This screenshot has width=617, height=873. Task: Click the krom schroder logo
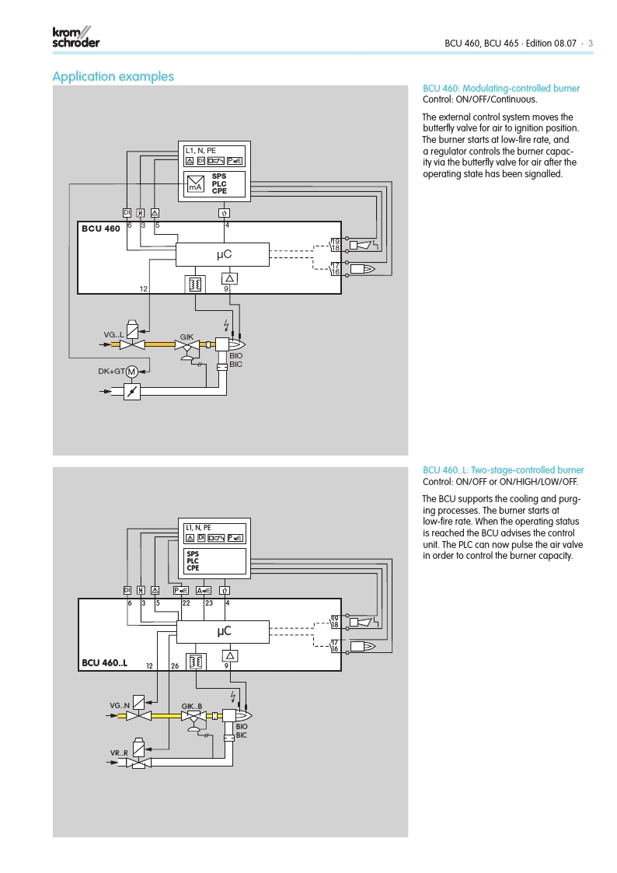75,37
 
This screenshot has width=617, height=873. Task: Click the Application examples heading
113,76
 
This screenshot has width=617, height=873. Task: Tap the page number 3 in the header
591,44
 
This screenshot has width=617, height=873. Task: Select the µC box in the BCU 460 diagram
222,254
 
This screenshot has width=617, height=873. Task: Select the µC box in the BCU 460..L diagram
222,631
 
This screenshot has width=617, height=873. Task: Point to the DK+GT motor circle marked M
132,372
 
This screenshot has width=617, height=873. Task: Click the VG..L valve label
114,335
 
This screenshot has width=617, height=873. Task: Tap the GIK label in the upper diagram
186,336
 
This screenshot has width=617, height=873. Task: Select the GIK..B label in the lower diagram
192,706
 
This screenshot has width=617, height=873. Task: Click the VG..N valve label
120,705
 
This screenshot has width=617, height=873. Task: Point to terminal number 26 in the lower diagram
174,666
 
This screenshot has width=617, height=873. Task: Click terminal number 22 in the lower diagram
186,602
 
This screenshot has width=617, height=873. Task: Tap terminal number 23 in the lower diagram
208,602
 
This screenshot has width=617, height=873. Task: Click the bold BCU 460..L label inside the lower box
105,663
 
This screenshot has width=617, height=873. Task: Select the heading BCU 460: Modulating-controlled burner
500,89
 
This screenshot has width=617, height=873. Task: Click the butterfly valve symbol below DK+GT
133,392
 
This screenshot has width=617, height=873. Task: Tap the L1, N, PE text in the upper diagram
200,149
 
